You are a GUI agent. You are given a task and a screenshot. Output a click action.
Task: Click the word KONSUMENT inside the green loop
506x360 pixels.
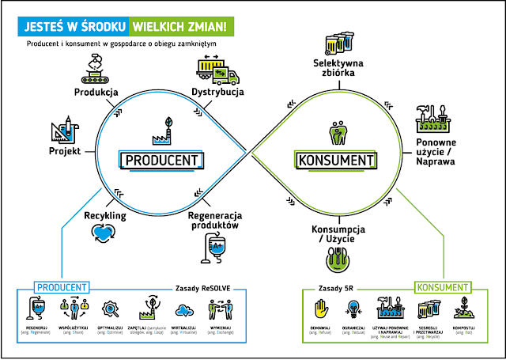[x=335, y=161]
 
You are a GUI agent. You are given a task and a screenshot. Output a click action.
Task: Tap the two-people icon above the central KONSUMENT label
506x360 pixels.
[x=336, y=129]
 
